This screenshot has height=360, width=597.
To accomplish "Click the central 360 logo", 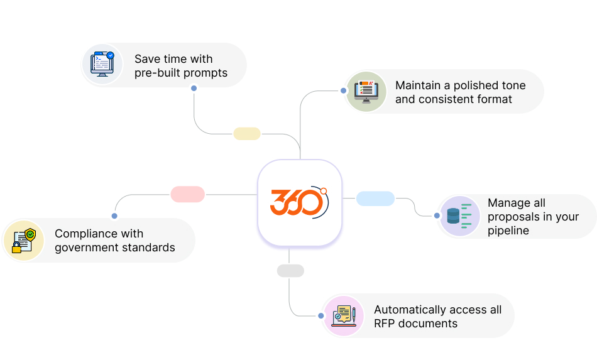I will point(299,202).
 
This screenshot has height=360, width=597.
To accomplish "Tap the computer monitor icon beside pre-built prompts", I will point(102,64).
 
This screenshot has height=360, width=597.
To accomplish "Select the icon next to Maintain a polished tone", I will point(366,92).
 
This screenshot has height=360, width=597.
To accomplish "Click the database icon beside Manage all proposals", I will point(458,216).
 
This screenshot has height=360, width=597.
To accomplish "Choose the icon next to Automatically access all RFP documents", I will point(344,315).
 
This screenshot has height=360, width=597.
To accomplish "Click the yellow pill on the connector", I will point(247,134).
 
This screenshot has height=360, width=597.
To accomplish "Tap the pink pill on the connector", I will point(187,194).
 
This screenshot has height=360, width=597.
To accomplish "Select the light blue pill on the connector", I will point(375,199).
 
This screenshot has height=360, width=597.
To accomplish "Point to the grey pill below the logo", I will point(290,271).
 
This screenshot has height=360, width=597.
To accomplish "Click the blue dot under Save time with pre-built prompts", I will point(194,88).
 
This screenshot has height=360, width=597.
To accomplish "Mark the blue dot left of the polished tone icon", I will point(343,90).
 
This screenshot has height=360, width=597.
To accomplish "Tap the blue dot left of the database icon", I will point(437,215).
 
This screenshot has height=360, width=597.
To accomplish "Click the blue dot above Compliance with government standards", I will point(114,215).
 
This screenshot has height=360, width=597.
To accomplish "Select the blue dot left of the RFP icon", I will point(320,316).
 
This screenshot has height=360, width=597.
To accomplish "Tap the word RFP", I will point(385,324).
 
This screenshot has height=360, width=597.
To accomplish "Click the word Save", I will point(147,59).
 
